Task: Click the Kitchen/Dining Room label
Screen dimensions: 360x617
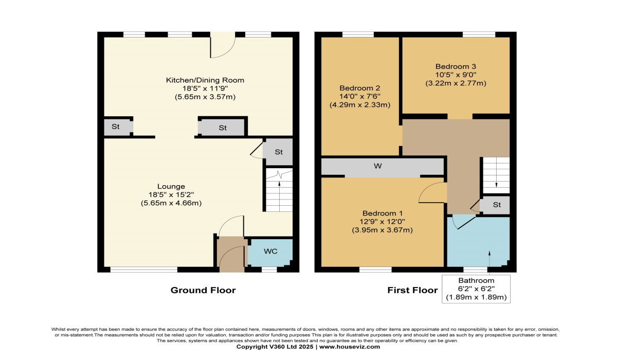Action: pyautogui.click(x=205, y=80)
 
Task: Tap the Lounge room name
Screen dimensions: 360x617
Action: pyautogui.click(x=171, y=186)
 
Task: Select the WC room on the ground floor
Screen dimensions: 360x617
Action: pyautogui.click(x=270, y=251)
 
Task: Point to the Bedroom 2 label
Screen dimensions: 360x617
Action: pyautogui.click(x=359, y=87)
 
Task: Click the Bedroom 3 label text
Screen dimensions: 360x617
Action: pyautogui.click(x=456, y=66)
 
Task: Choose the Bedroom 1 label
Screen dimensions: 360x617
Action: pyautogui.click(x=382, y=213)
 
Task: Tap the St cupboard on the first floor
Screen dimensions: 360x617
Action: pyautogui.click(x=496, y=205)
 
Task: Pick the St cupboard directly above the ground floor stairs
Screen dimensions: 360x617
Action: pyautogui.click(x=278, y=152)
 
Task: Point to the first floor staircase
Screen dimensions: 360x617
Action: pyautogui.click(x=496, y=175)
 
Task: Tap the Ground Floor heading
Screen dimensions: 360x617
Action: pyautogui.click(x=203, y=291)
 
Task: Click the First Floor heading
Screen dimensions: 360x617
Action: pyautogui.click(x=412, y=291)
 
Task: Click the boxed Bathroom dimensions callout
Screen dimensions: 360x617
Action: pyautogui.click(x=476, y=289)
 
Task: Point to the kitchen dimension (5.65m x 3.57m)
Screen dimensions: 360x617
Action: pyautogui.click(x=205, y=97)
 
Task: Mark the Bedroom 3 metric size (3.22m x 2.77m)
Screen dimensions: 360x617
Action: pyautogui.click(x=456, y=83)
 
